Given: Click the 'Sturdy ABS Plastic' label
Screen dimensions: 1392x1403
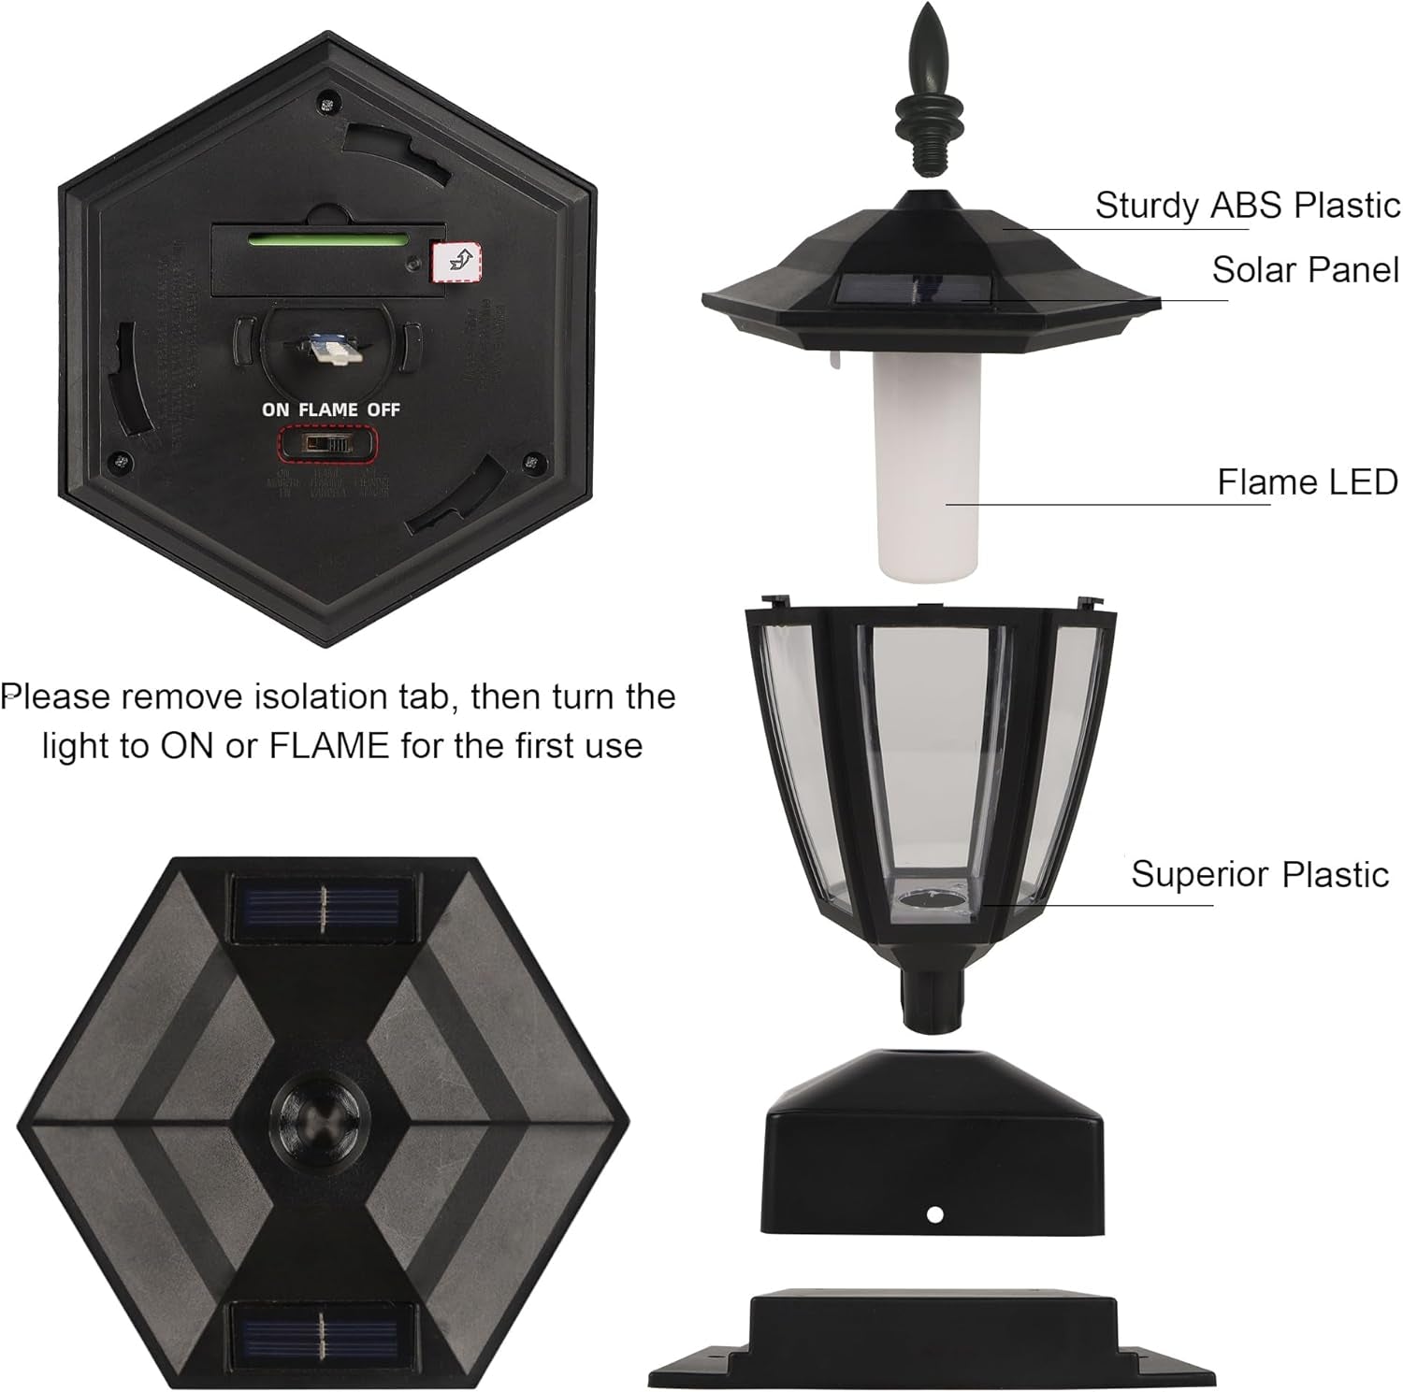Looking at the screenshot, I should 1247,205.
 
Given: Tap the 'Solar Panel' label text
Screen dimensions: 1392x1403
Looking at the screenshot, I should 1305,270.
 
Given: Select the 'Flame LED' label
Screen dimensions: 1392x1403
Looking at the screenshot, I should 1307,482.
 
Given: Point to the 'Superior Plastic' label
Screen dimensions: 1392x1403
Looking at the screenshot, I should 1259,874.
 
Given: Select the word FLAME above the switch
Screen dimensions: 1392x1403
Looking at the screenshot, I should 328,409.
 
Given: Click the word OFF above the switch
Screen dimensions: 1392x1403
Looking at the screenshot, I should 383,409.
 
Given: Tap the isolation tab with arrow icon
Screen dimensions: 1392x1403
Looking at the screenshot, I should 458,260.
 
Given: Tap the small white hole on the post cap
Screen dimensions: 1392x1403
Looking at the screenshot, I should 933,1214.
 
